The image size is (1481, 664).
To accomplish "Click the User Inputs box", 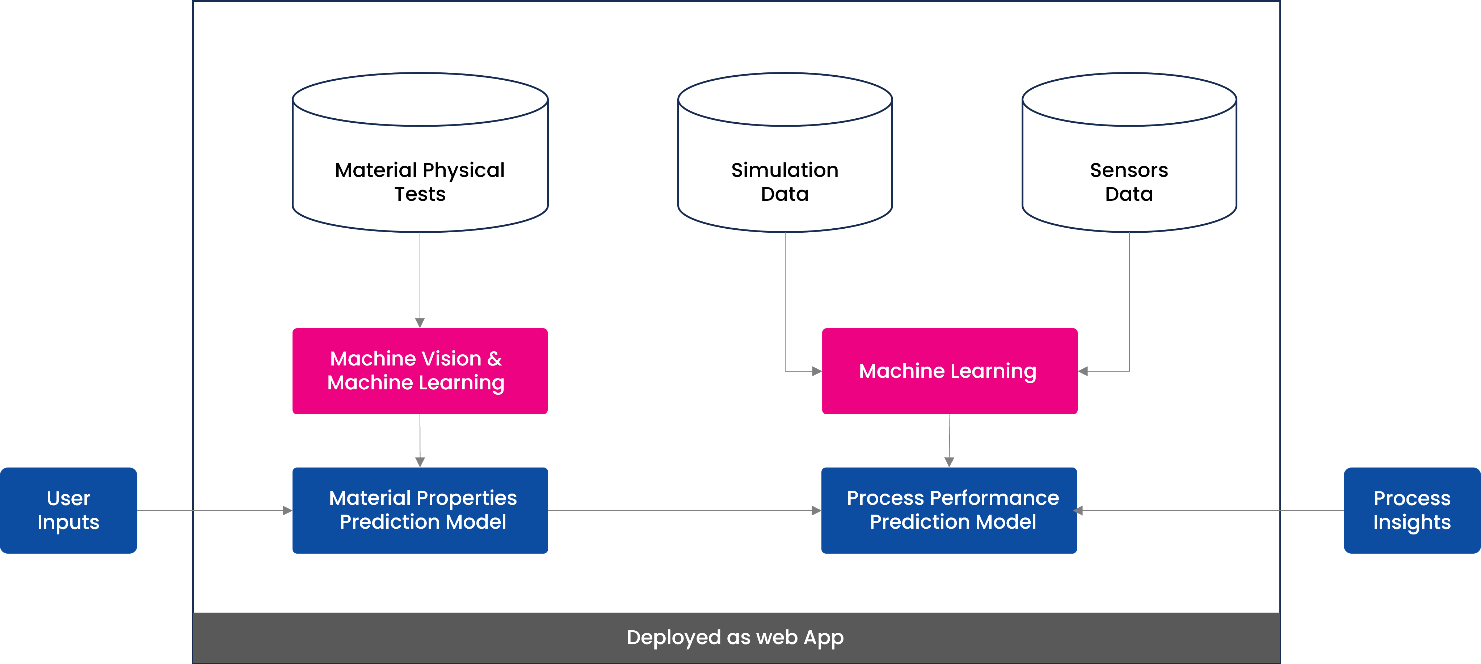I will pyautogui.click(x=68, y=510).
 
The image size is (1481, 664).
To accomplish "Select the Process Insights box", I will pyautogui.click(x=1411, y=510).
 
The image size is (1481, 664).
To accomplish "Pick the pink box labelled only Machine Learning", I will pyautogui.click(x=949, y=371).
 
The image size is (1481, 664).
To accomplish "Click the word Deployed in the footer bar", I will pyautogui.click(x=673, y=638).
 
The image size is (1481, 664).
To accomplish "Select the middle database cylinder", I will pyautogui.click(x=785, y=152).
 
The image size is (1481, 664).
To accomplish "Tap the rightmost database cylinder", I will pyautogui.click(x=1129, y=152).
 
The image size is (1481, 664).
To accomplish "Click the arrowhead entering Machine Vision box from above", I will pyautogui.click(x=420, y=323).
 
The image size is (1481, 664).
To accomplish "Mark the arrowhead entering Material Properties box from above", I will pyautogui.click(x=420, y=462).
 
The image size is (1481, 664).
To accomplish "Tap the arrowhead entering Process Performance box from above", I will pyautogui.click(x=949, y=462).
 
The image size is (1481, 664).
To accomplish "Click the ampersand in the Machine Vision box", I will pyautogui.click(x=495, y=359).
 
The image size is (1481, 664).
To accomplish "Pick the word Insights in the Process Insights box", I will pyautogui.click(x=1411, y=523).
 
